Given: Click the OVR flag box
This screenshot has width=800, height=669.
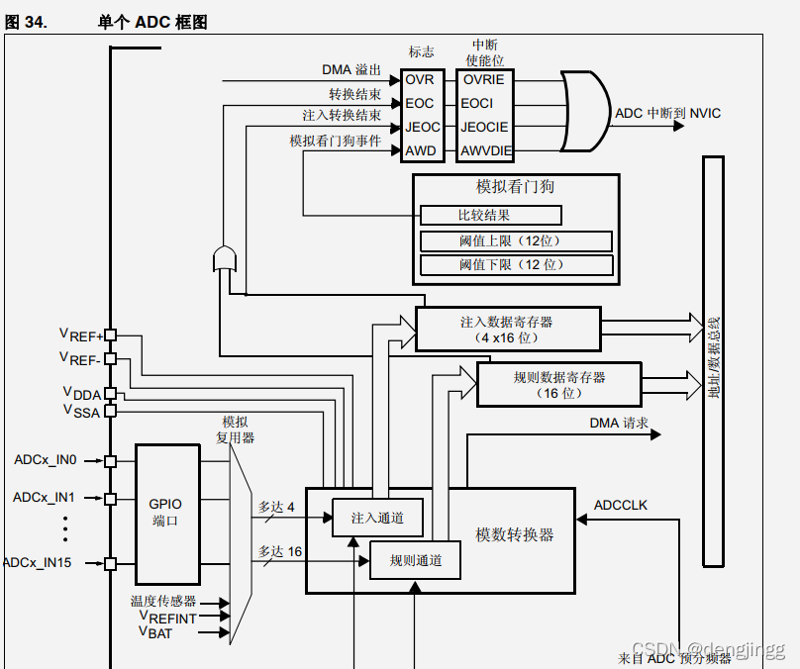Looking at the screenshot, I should tap(420, 80).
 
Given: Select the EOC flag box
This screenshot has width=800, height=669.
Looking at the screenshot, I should tap(420, 104).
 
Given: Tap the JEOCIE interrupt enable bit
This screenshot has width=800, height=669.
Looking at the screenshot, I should tap(484, 128).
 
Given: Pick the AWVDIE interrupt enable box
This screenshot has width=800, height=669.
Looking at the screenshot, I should tap(484, 151).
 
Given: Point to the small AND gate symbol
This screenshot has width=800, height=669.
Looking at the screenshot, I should tap(225, 258).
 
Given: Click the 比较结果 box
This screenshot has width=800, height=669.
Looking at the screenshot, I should tap(491, 215).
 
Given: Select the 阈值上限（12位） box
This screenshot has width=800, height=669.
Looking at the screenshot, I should tap(516, 241).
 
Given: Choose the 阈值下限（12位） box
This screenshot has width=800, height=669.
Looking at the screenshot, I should tap(516, 265).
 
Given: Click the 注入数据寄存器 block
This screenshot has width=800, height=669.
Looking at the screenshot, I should tap(507, 329).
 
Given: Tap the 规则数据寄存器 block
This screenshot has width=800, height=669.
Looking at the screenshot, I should tap(558, 384).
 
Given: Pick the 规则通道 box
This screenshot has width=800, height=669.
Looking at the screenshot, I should tap(415, 561).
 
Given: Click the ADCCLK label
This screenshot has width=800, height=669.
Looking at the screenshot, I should tap(620, 506).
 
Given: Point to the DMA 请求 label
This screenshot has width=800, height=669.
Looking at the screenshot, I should tap(619, 424).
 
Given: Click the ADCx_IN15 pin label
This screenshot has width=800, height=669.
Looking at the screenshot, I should tap(38, 563).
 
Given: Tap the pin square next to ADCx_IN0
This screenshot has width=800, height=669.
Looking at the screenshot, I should tap(111, 461).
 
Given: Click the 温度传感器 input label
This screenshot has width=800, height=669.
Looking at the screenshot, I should tap(163, 602).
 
